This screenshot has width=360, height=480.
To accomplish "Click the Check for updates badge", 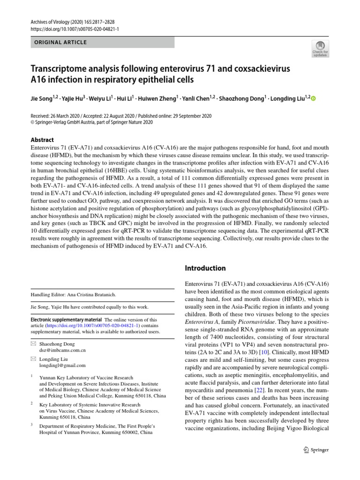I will [x=321, y=48].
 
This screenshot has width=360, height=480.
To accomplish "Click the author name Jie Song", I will [x=44, y=99].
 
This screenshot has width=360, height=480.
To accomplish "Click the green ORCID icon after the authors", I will [x=314, y=99].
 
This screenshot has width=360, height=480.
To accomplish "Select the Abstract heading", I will [x=42, y=140].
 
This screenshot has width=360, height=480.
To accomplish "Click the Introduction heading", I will [x=205, y=269].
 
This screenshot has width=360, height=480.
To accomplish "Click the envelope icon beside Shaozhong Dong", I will [x=33, y=344].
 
